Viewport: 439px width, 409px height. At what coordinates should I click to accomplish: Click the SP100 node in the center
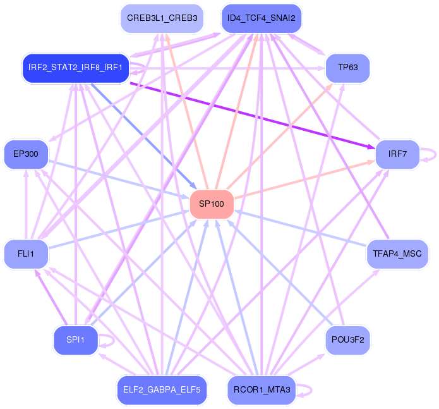(x=212, y=204)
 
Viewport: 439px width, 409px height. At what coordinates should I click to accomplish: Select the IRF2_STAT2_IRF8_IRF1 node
(x=75, y=68)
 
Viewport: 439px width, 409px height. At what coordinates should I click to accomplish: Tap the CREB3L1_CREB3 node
(x=162, y=19)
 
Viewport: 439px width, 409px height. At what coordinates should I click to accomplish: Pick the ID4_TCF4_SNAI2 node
(x=261, y=19)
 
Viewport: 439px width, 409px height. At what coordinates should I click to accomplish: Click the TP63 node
(x=347, y=68)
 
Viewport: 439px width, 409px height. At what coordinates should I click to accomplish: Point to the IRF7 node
(x=397, y=154)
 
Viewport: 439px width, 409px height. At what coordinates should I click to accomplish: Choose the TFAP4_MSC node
(x=397, y=254)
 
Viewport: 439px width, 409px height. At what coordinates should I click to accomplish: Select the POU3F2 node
(x=347, y=341)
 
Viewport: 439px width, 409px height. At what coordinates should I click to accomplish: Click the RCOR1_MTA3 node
(x=261, y=390)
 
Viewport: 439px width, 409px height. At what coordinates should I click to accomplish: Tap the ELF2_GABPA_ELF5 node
(x=162, y=390)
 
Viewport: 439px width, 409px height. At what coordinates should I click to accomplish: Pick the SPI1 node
(x=75, y=341)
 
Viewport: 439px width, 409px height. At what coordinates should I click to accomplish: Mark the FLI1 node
(x=26, y=254)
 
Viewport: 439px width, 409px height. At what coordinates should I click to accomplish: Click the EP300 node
(x=26, y=154)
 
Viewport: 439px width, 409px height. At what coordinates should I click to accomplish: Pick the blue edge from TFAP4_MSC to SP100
(x=303, y=229)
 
